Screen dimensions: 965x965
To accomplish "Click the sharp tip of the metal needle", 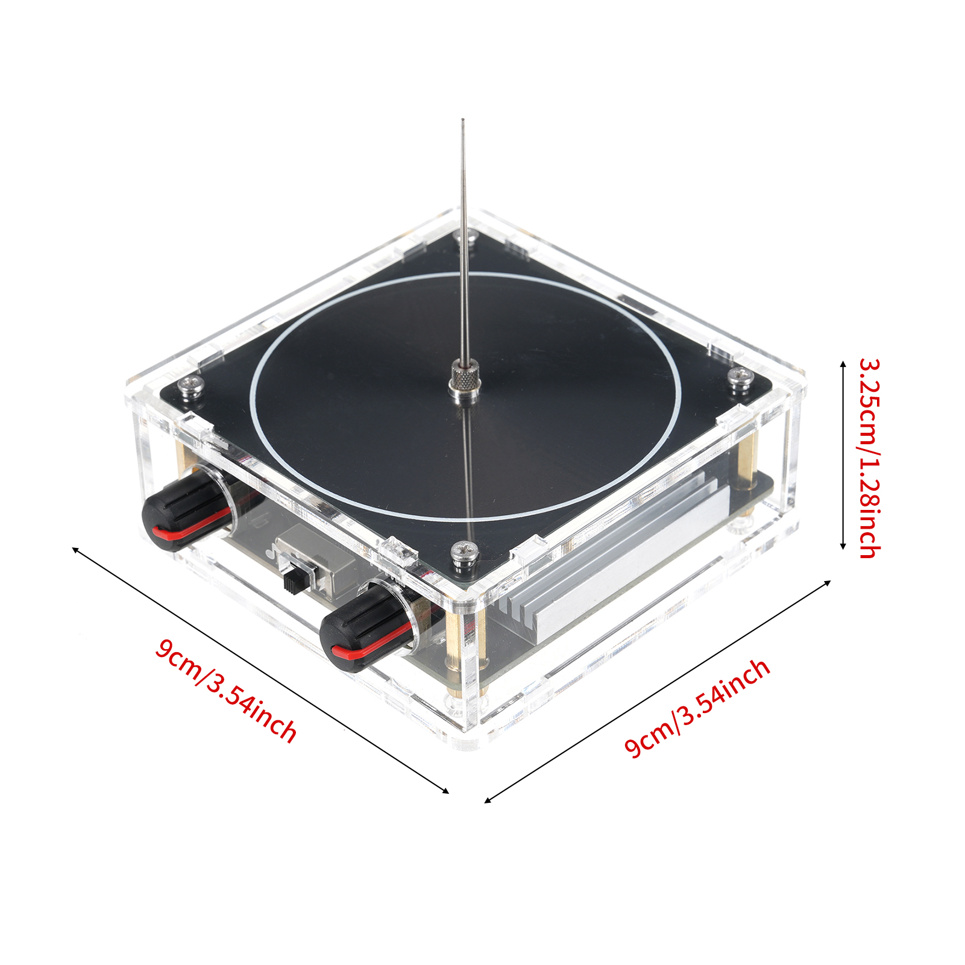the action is tap(463, 120).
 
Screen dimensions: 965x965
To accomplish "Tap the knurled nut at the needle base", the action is tap(464, 379).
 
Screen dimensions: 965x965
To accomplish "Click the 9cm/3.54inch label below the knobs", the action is tap(226, 691).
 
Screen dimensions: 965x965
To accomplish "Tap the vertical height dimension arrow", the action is tap(843, 455).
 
